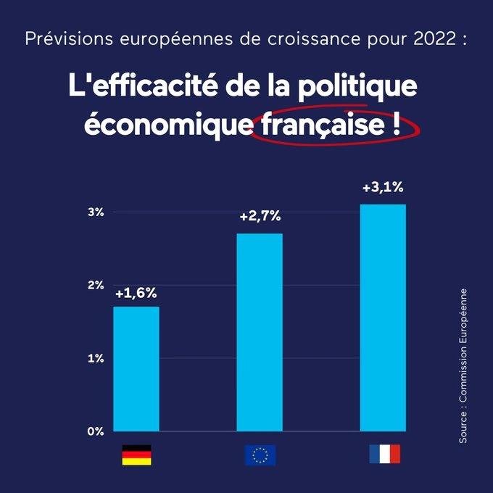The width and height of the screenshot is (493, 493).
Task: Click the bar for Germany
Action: point(137,368)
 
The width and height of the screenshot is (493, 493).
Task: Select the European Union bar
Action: point(260,332)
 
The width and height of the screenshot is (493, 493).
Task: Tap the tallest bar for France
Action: point(383,318)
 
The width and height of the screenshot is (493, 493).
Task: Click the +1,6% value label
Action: point(136,294)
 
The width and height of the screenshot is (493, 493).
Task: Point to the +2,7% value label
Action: point(260,216)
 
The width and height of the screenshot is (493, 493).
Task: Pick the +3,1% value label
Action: point(383,188)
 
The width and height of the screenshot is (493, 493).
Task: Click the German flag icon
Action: point(136,455)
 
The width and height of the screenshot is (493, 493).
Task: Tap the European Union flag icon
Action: point(260,455)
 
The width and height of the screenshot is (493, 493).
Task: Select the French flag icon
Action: point(384,455)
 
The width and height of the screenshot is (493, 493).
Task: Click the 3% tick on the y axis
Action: point(96,212)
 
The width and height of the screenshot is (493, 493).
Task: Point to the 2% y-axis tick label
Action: point(96,285)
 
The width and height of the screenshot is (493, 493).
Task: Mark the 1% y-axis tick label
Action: point(96,358)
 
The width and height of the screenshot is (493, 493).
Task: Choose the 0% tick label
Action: point(96,431)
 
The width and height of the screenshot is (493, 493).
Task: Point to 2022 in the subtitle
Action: point(426,38)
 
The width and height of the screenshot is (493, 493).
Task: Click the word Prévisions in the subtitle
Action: point(59,38)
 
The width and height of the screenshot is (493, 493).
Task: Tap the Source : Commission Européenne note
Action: point(463,366)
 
